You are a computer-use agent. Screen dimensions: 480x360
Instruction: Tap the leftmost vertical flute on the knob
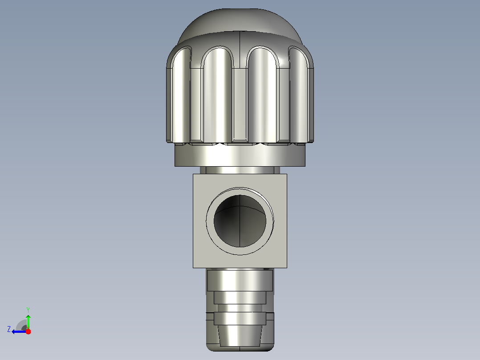(181, 95)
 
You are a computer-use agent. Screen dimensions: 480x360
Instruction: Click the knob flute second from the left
(218, 95)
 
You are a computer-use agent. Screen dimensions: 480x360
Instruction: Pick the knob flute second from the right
(262, 95)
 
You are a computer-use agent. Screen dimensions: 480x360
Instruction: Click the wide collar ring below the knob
(240, 155)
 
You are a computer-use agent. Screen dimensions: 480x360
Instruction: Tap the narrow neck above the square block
(240, 170)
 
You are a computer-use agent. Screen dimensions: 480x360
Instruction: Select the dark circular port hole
(240, 221)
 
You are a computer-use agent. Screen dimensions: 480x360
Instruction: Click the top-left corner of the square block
(193, 174)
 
